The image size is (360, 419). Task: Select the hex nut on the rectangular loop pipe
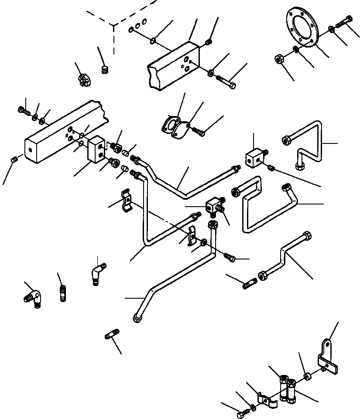click(x=235, y=191)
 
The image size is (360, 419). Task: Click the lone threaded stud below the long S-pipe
click(x=112, y=337)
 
